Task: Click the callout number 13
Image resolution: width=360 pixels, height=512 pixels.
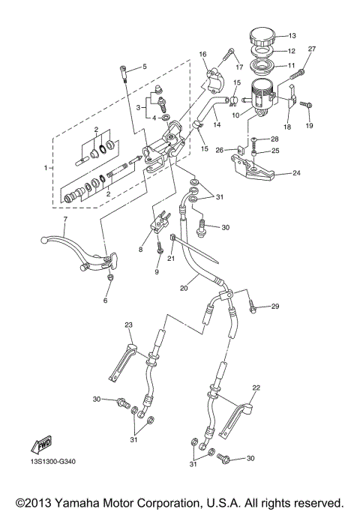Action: point(292,36)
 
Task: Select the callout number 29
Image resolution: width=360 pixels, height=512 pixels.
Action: point(274,307)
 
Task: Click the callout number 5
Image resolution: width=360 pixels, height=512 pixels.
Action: point(144,67)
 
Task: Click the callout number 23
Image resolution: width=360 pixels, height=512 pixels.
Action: point(128,324)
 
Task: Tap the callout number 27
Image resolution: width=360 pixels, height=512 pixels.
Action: point(312,49)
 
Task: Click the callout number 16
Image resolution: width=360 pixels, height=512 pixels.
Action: point(202,54)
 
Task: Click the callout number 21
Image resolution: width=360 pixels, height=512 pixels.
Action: point(170,259)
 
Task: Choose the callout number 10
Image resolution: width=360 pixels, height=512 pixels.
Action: point(235,115)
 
